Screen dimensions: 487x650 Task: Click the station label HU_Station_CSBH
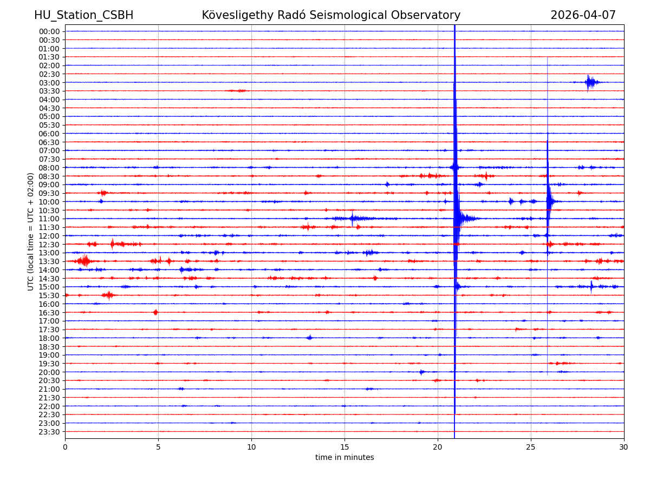coord(83,15)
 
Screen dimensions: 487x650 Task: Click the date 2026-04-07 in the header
coord(583,15)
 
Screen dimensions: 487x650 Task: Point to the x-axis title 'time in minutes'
coord(344,458)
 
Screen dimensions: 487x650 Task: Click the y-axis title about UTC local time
coord(31,232)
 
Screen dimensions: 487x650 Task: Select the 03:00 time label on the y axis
coord(49,82)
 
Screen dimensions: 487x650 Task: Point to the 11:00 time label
coord(49,219)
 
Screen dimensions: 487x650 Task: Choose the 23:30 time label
coord(49,432)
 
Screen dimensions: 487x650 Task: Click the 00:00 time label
coord(49,31)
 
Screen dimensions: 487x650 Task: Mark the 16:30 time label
coord(49,312)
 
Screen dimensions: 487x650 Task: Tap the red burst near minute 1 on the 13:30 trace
coord(84,261)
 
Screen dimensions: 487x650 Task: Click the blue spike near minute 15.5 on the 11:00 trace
coord(353,219)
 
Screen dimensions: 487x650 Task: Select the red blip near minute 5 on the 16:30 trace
coord(155,312)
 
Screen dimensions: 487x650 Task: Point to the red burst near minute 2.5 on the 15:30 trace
coord(108,295)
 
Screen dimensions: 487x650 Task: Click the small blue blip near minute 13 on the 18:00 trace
coord(309,338)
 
